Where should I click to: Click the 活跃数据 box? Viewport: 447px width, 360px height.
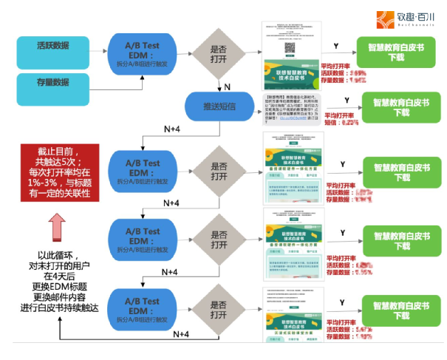click(x=52, y=46)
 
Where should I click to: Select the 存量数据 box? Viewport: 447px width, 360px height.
click(x=52, y=81)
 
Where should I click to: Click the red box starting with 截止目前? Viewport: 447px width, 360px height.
click(x=56, y=172)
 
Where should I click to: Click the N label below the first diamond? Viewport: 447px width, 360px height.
click(x=227, y=87)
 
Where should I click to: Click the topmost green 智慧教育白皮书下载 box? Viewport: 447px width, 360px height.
click(x=396, y=51)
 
